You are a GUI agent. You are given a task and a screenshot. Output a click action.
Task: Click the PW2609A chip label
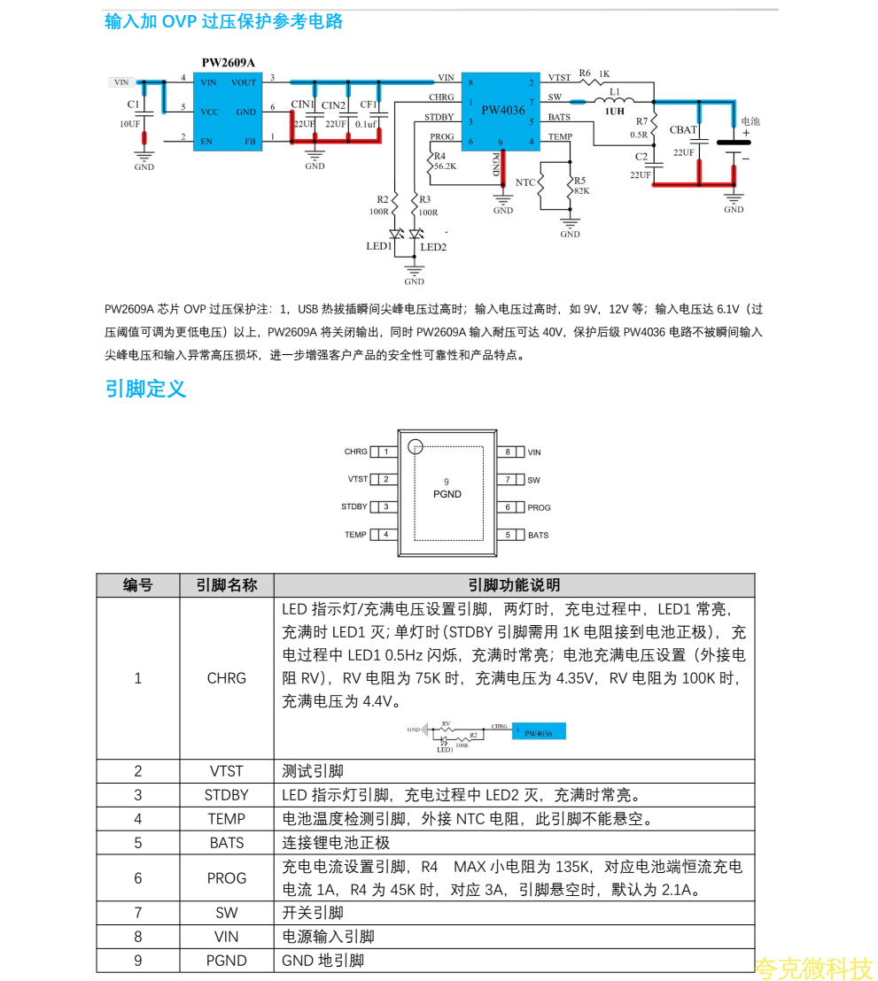pos(228,63)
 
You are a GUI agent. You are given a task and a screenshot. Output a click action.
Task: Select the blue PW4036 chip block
pos(501,111)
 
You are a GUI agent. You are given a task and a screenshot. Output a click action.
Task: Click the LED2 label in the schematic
pos(433,247)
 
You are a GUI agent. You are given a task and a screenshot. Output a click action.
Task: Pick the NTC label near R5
pos(525,182)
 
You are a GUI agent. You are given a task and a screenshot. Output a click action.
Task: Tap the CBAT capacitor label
pos(683,130)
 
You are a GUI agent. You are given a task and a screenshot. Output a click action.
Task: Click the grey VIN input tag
pos(121,82)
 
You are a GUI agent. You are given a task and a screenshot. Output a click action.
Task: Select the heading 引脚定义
pos(145,389)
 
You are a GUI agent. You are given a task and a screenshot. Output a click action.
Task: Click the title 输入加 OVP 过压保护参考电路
pos(223,22)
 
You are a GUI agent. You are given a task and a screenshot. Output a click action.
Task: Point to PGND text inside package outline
pos(447,494)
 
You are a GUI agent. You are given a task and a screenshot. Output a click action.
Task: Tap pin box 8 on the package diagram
pos(508,452)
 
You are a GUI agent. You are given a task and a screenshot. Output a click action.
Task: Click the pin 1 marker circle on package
pos(416,447)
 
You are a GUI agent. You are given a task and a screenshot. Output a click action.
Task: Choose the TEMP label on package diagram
pos(355,535)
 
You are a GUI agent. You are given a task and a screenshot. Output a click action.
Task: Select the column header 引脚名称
pos(227,585)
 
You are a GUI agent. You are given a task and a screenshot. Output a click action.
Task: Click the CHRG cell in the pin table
pos(227,678)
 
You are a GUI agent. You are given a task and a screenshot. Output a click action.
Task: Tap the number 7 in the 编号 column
pos(138,913)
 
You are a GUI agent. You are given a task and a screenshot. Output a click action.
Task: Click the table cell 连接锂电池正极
pos(336,843)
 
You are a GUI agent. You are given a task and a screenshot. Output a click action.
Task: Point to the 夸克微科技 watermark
pos(814,969)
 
